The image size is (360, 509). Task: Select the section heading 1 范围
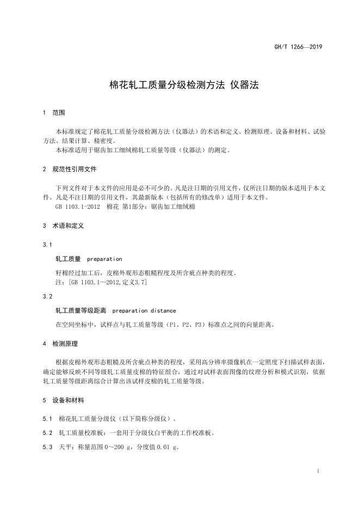pyautogui.click(x=54, y=113)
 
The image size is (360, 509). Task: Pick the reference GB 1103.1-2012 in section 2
pyautogui.click(x=76, y=207)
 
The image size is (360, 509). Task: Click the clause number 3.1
pyautogui.click(x=47, y=245)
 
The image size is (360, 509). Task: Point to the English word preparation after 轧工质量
pyautogui.click(x=104, y=259)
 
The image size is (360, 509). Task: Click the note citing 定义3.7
pyautogui.click(x=101, y=283)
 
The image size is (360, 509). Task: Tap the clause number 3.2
pyautogui.click(x=47, y=297)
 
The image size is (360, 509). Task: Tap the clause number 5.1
pyautogui.click(x=47, y=419)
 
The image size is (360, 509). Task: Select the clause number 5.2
pyautogui.click(x=47, y=433)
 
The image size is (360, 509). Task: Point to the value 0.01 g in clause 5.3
pyautogui.click(x=168, y=448)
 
